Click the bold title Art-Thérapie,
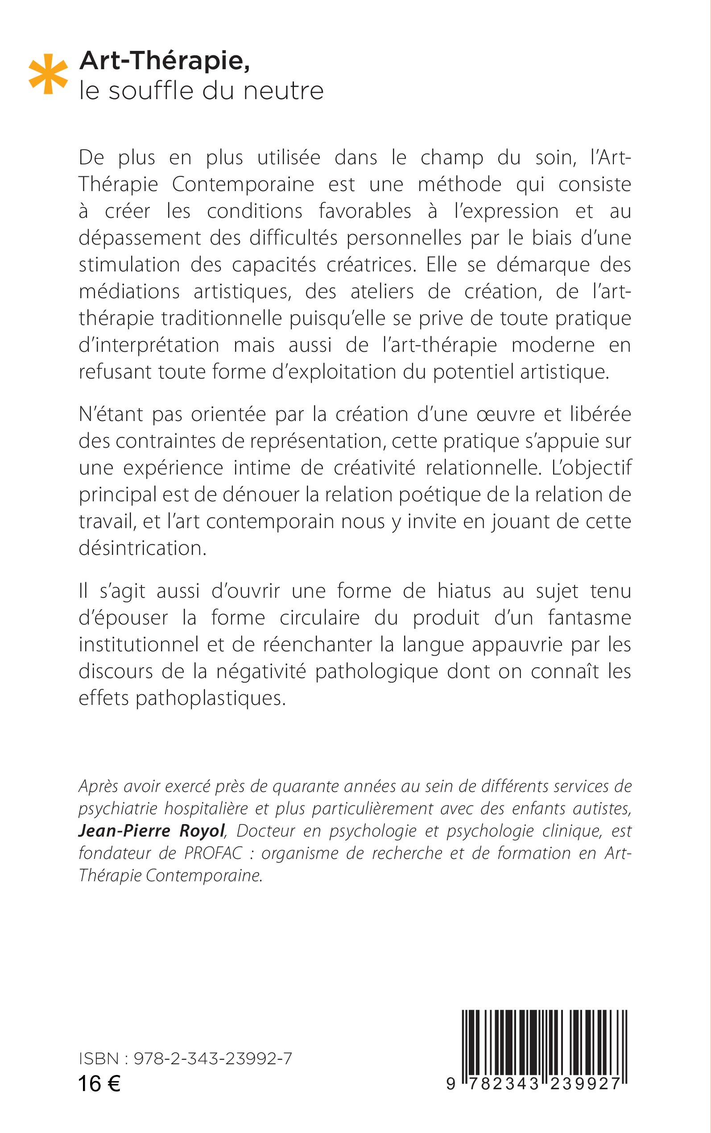tap(165, 61)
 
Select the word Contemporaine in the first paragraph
tap(243, 184)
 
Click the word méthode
tap(459, 184)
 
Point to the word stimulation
tap(129, 264)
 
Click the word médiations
tap(129, 292)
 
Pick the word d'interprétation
tap(149, 346)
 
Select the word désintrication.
tap(142, 549)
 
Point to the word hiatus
tap(463, 591)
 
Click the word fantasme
tap(589, 618)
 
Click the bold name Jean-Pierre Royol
tap(151, 831)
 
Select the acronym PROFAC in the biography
tap(213, 853)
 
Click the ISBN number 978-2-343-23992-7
tap(213, 1058)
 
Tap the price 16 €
tap(99, 1084)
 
